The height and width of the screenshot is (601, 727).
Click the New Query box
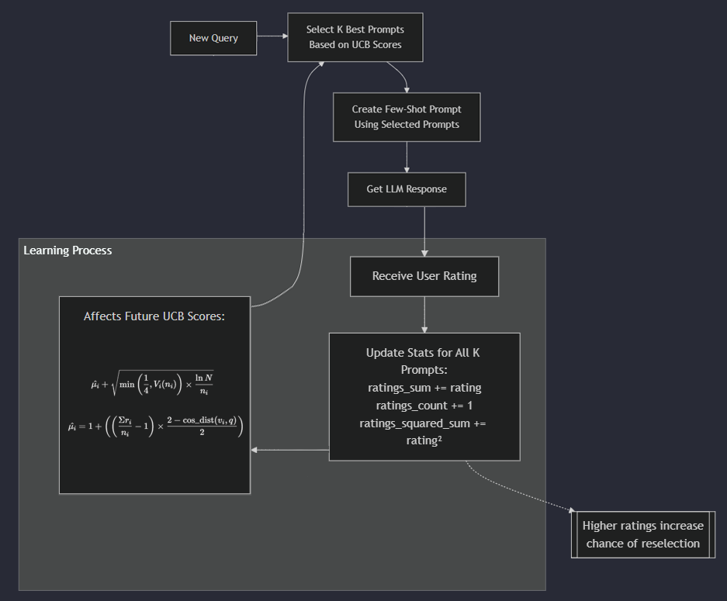coord(213,38)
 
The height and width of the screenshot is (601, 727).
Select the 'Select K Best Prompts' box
coord(355,37)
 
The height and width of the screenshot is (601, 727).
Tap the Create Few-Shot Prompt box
coord(407,117)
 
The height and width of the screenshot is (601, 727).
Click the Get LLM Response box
coord(407,189)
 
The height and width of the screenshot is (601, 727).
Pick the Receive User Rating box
coord(424,276)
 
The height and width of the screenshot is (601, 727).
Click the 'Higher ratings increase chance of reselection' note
coord(643,534)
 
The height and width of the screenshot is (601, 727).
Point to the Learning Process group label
coord(68,250)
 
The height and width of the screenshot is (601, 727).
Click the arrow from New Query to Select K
coord(272,36)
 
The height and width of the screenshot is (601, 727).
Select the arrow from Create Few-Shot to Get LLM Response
coord(407,157)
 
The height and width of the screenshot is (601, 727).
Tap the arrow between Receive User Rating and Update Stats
coord(424,315)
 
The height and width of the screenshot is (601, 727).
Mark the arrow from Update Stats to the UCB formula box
coord(289,450)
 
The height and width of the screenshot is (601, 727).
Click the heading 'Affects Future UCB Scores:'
coord(154,316)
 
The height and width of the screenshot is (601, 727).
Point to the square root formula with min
coord(152,384)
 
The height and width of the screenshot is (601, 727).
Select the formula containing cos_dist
coord(155,426)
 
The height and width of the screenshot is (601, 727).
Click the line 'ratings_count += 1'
coord(424,406)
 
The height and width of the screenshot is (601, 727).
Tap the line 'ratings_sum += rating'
coord(424,388)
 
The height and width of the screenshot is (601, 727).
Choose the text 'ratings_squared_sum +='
coord(422,423)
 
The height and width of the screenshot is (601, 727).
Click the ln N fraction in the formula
coord(204,384)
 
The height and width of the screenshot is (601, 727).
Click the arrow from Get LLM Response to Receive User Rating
coord(424,232)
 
